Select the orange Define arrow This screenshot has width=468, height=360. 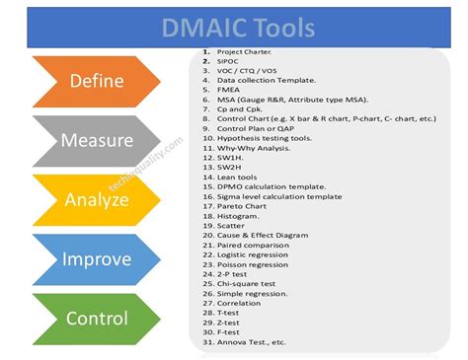pos(94,80)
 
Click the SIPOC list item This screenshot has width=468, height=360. pos(230,60)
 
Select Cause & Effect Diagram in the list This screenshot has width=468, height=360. pos(267,236)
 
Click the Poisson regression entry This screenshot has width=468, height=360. pos(258,265)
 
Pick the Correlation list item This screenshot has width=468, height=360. pos(243,304)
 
